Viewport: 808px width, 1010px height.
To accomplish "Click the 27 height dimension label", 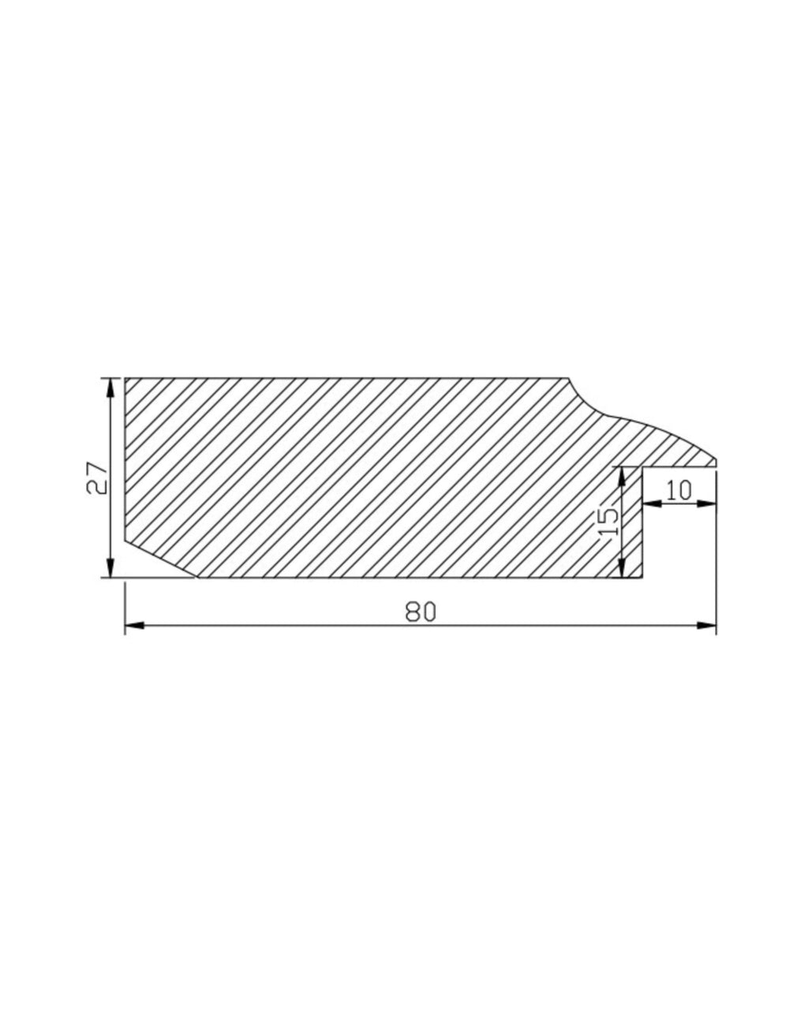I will [97, 477].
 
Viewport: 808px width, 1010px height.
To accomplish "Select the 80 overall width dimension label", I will [420, 612].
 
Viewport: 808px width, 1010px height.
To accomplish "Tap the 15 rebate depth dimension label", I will [608, 522].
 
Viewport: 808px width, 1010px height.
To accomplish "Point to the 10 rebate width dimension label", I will [679, 490].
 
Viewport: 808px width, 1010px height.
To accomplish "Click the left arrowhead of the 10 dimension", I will [652, 503].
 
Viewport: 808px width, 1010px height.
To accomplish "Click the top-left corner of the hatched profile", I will [125, 379].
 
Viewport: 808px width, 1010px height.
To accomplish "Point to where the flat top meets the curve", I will [568, 379].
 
